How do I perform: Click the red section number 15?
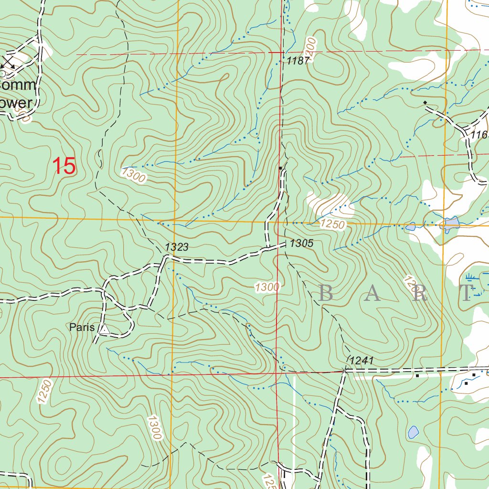(x=64, y=166)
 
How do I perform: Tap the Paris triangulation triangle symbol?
(x=104, y=329)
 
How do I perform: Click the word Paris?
(x=82, y=328)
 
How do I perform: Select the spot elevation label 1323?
(x=177, y=247)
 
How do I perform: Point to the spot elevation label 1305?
(x=301, y=244)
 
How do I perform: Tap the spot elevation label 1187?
(x=299, y=60)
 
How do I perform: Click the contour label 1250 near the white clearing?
(x=332, y=224)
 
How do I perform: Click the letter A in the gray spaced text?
(x=372, y=293)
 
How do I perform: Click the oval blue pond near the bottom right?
(x=413, y=433)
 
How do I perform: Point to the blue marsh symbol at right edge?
(x=470, y=277)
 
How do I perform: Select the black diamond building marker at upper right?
(x=425, y=103)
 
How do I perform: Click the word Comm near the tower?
(x=18, y=86)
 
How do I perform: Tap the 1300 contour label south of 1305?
(x=266, y=287)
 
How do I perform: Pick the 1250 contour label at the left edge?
(x=43, y=392)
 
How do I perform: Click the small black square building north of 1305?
(x=280, y=168)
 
